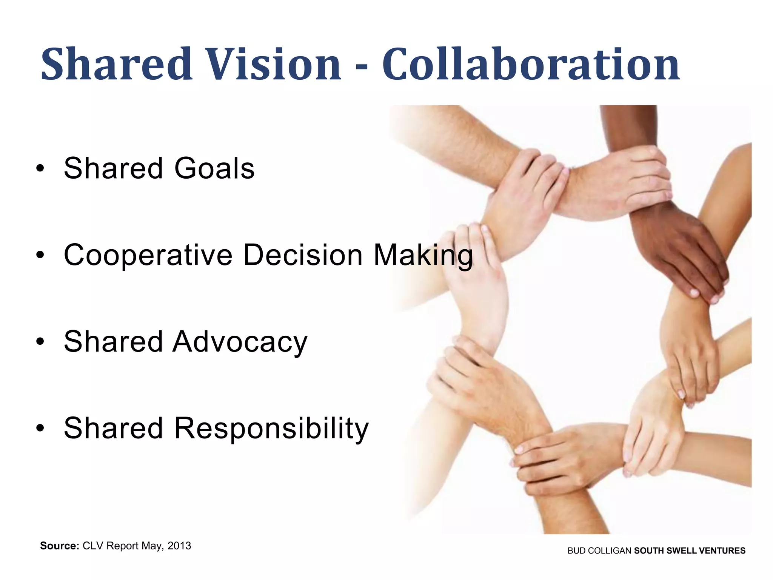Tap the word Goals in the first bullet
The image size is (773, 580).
(x=214, y=168)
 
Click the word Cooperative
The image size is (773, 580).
(x=148, y=255)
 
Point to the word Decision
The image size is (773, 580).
(x=303, y=255)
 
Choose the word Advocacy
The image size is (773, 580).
(x=240, y=342)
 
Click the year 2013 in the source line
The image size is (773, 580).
(x=179, y=546)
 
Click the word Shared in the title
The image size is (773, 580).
(x=117, y=64)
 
